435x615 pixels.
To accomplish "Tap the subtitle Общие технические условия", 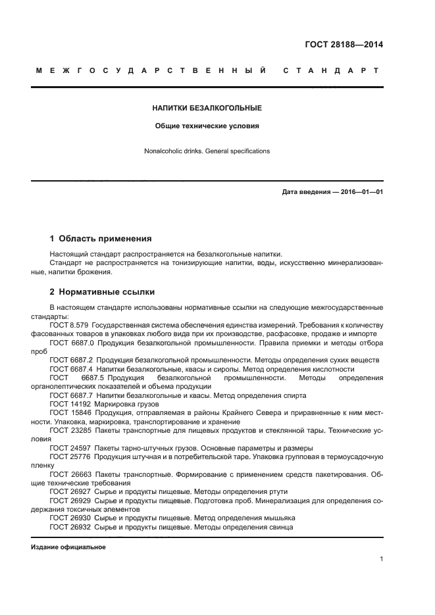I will [207, 125].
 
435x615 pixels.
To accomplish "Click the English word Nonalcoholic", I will [163, 151].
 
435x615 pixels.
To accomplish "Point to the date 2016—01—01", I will [359, 192].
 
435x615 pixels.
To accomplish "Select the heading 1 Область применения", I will [101, 238].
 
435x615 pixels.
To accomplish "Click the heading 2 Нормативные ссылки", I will [103, 291].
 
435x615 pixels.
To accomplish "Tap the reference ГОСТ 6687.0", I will [71, 343].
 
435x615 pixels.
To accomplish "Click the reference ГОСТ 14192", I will [70, 403].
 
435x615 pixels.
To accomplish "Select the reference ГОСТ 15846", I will [70, 412].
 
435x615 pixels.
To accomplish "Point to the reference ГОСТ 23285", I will [70, 430].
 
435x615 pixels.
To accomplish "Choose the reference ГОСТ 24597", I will [70, 447].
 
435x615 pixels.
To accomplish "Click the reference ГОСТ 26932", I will [70, 527].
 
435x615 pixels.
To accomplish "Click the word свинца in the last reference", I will [280, 527].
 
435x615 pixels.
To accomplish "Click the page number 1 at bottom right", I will [381, 559].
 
